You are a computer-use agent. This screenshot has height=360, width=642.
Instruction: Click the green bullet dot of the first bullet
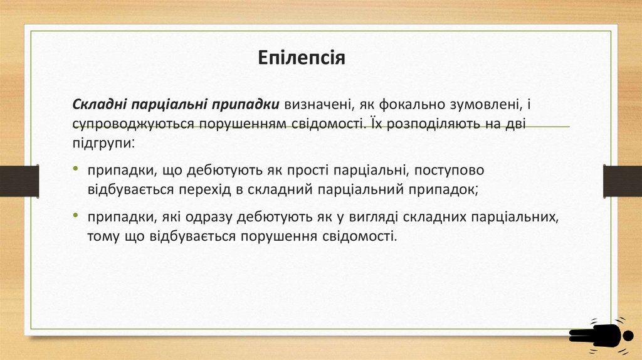point(75,170)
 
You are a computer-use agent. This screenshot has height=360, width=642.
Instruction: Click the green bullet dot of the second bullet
point(75,217)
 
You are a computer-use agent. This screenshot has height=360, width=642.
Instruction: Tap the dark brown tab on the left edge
point(19,181)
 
